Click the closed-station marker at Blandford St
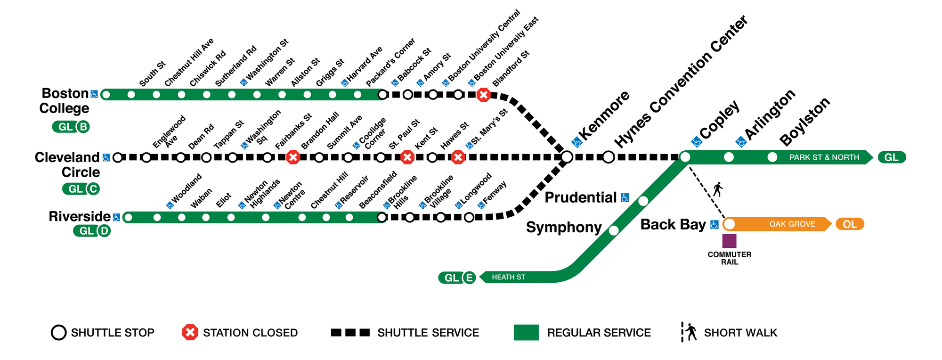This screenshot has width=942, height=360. click(483, 95)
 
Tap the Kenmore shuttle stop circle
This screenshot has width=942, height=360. click(567, 157)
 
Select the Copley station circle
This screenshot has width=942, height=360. click(685, 157)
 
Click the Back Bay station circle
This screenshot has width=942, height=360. click(729, 224)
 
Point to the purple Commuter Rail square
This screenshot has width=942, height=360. click(729, 241)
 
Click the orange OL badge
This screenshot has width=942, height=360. click(850, 224)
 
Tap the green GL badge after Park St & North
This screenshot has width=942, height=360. click(891, 157)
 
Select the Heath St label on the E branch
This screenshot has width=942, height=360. click(508, 277)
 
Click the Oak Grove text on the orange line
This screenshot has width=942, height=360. click(792, 224)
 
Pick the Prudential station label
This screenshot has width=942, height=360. click(580, 197)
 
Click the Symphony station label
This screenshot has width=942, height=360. click(564, 227)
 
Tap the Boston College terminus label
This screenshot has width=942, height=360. click(64, 101)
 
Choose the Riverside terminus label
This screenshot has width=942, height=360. click(80, 216)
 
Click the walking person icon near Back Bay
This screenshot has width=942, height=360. click(718, 189)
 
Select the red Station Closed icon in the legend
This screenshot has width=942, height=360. click(190, 333)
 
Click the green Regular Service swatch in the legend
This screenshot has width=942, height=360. click(526, 333)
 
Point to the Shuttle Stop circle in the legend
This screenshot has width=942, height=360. click(58, 333)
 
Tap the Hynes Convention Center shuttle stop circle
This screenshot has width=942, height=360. click(609, 157)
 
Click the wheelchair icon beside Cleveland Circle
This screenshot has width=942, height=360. click(106, 157)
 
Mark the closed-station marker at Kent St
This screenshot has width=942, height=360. click(407, 157)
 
